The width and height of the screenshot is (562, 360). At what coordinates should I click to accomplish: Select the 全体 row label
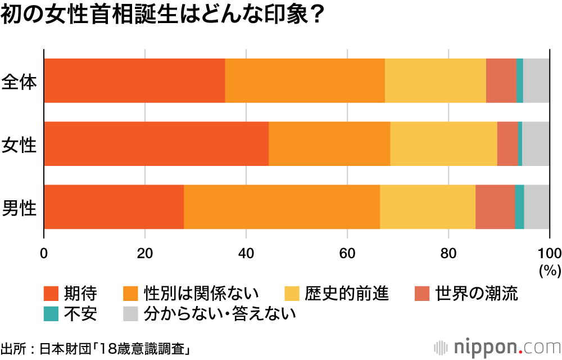click(x=19, y=81)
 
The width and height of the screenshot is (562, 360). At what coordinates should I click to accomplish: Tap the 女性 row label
click(x=19, y=144)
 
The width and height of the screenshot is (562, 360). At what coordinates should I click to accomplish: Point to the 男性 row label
click(x=19, y=207)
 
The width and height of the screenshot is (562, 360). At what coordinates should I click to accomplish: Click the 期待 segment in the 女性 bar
click(x=156, y=144)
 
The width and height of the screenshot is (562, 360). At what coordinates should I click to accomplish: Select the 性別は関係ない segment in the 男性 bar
click(x=282, y=207)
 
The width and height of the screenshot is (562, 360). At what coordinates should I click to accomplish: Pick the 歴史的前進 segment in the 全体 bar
click(x=436, y=81)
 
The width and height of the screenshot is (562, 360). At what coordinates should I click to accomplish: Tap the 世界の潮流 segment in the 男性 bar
click(x=495, y=207)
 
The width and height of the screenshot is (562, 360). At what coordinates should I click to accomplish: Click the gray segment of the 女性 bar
click(x=536, y=144)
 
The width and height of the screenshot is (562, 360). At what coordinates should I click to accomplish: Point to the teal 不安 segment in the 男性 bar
click(x=519, y=207)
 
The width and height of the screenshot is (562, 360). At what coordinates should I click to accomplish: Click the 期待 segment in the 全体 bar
click(x=134, y=81)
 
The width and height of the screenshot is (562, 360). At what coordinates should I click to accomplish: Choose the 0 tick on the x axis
click(x=44, y=251)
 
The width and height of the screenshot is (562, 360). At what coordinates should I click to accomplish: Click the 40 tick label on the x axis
click(x=246, y=251)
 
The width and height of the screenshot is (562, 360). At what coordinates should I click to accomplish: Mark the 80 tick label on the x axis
click(x=448, y=251)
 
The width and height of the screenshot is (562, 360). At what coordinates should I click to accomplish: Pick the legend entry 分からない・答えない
click(x=220, y=313)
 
